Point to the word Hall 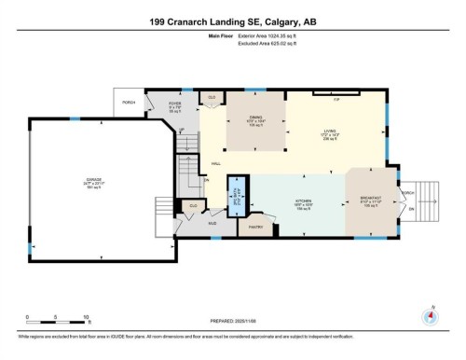click(x=216, y=164)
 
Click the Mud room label click(x=211, y=225)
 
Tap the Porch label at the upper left click(x=129, y=102)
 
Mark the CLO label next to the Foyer click(x=212, y=97)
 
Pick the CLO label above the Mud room click(x=193, y=205)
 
